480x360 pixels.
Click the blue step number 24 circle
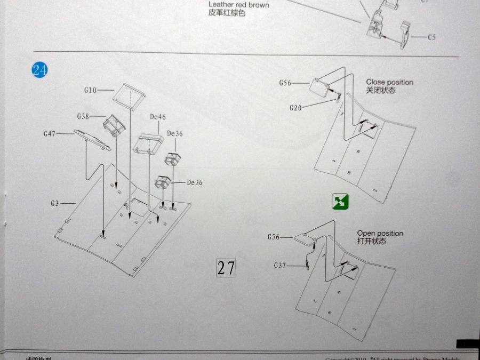(39, 70)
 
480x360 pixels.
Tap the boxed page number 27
(226, 268)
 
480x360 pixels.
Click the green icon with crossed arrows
(340, 202)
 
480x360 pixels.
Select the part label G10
(90, 90)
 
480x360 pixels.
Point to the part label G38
(83, 116)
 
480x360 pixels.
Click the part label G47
(50, 134)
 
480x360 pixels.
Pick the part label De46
(158, 117)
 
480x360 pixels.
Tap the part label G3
(55, 203)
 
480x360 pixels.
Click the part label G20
(295, 108)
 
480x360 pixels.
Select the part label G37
(281, 265)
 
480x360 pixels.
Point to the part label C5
(431, 37)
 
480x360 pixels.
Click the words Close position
(389, 82)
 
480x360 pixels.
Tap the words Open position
(380, 234)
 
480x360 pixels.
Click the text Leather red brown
(238, 5)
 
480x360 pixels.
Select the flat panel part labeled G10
(130, 95)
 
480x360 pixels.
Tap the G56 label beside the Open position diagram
(274, 237)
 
